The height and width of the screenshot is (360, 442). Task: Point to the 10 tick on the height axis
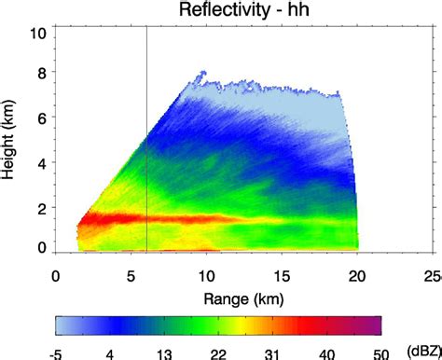(x=38, y=35)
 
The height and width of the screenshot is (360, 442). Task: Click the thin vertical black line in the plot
(x=147, y=140)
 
